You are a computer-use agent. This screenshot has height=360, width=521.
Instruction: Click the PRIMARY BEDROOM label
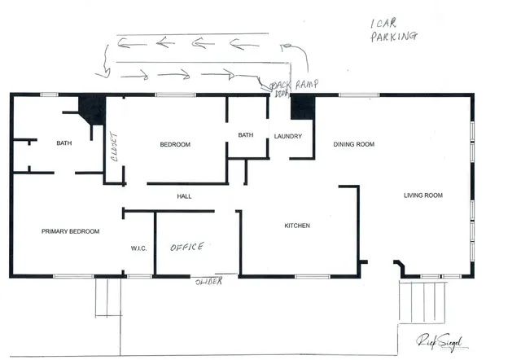click(70, 231)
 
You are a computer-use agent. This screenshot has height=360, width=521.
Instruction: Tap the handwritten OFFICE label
click(186, 246)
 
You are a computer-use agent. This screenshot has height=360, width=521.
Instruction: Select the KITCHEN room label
click(296, 226)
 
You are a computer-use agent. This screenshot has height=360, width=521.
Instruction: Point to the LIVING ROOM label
click(422, 195)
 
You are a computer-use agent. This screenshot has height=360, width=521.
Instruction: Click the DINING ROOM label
click(353, 144)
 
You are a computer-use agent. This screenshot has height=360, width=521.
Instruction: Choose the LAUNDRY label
click(288, 136)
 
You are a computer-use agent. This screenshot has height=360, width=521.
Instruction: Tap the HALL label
click(184, 196)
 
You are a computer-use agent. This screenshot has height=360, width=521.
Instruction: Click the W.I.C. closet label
click(138, 248)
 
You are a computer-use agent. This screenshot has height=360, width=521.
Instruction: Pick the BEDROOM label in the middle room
click(174, 144)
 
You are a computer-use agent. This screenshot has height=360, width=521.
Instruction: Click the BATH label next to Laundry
click(246, 135)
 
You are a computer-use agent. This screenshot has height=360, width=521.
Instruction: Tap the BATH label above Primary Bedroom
click(63, 143)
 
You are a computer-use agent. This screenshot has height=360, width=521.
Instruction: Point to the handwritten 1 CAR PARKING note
click(393, 31)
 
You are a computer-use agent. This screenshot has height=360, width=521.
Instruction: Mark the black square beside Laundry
click(302, 106)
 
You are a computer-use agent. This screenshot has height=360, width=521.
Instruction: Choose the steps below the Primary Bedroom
click(107, 297)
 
